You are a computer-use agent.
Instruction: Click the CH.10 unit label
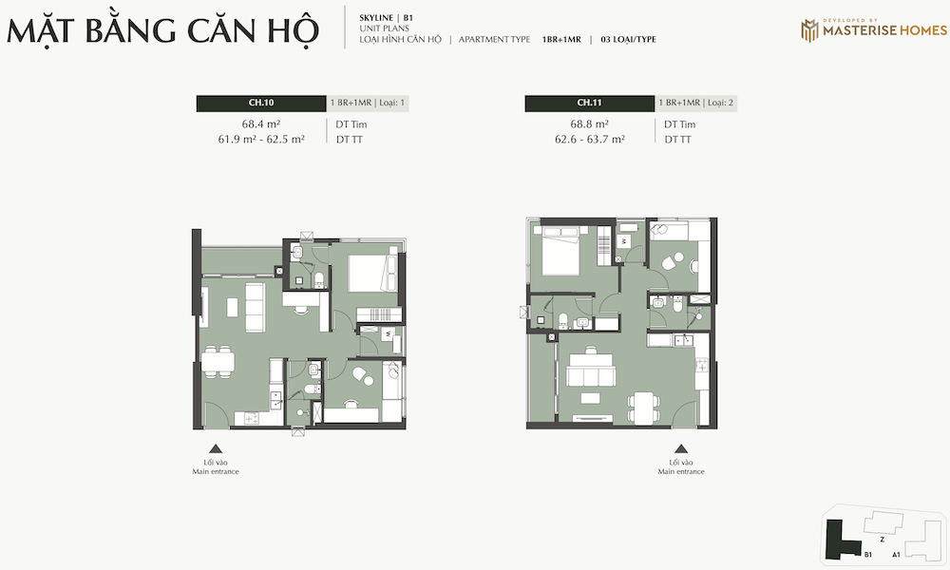(261, 103)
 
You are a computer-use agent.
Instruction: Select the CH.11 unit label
(589, 103)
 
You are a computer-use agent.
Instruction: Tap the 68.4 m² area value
(261, 124)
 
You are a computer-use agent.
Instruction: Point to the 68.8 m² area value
(589, 124)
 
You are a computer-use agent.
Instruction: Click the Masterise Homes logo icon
(809, 30)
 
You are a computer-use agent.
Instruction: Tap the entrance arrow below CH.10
(216, 448)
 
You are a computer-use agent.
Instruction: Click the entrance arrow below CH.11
(681, 448)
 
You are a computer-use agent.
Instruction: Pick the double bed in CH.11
(560, 250)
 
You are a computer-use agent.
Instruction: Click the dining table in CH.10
(218, 362)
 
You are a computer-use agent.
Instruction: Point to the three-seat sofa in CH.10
(255, 307)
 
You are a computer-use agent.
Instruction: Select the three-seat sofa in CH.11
(591, 370)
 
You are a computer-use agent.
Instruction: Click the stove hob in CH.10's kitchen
(251, 417)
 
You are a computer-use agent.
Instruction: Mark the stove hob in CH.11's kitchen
(702, 365)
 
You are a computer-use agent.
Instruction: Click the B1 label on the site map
(868, 554)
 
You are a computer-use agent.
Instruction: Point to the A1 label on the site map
(896, 554)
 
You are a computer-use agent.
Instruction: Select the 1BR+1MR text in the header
(561, 39)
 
